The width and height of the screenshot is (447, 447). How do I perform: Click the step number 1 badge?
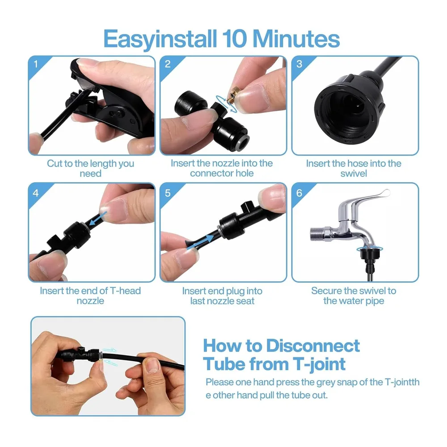(36, 64)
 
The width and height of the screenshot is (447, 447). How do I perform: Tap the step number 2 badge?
(168, 64)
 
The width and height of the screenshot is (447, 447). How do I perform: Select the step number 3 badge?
(299, 64)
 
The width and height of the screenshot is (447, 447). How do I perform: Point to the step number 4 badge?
(36, 193)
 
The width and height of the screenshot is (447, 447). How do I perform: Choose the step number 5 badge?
(168, 193)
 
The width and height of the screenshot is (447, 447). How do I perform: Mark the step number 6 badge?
(299, 193)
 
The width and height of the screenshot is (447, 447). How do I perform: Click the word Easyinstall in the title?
(160, 39)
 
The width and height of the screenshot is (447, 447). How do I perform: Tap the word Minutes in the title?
(296, 38)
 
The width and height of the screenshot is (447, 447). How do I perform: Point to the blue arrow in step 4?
(98, 218)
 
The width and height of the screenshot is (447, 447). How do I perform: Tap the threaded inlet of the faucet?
(317, 234)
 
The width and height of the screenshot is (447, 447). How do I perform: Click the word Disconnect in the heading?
(313, 346)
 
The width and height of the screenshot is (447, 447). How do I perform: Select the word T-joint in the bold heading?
(319, 365)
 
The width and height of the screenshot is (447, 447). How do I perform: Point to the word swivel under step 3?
(354, 173)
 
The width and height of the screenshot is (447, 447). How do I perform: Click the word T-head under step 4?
(125, 291)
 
